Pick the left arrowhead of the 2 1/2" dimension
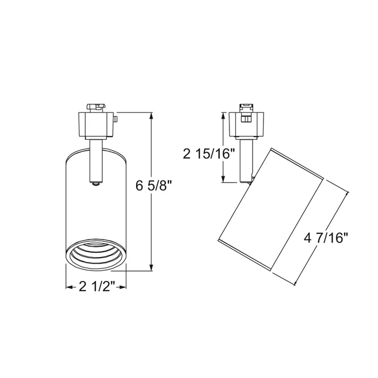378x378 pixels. pos(69,286)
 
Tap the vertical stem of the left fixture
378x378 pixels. pos(96,159)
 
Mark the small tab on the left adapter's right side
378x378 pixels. pos(115,118)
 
